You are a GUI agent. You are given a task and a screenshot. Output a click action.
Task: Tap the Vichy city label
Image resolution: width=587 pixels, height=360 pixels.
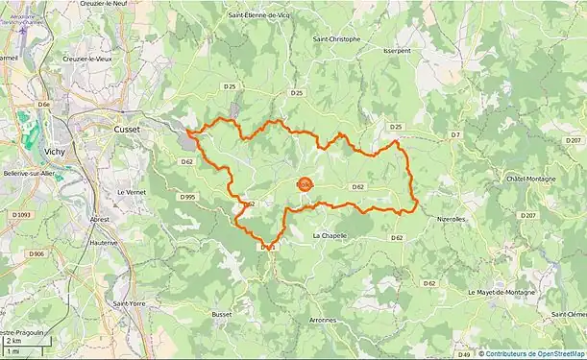tap(54, 151)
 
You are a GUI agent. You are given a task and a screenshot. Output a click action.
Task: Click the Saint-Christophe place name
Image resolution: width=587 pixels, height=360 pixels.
tap(336, 39)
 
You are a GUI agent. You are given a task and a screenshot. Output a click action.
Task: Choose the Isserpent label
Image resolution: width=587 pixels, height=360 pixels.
tap(396, 50)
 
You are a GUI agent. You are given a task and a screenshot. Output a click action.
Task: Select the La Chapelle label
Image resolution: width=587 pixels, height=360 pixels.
tap(330, 235)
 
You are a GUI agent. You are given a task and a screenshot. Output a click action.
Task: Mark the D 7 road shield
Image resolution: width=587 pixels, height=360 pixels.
tap(455, 135)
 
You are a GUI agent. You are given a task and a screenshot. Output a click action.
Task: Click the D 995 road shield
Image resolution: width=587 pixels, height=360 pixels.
tap(187, 197)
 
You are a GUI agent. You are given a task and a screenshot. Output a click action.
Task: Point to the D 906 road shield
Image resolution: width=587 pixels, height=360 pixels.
tap(37, 253)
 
